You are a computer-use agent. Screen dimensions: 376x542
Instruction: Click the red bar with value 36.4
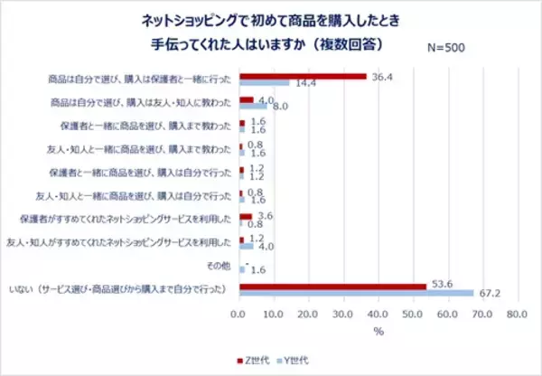[x=302, y=76]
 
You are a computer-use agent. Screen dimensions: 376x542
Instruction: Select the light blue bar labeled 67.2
[x=356, y=292]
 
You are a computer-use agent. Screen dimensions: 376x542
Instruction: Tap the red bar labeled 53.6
[x=332, y=286]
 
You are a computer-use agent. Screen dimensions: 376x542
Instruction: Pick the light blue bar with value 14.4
[x=264, y=82]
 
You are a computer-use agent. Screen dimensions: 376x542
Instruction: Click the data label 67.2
[x=488, y=293]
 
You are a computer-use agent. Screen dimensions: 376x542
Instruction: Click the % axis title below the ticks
[x=378, y=333]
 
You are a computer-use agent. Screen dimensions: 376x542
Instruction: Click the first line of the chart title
[x=271, y=18]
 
